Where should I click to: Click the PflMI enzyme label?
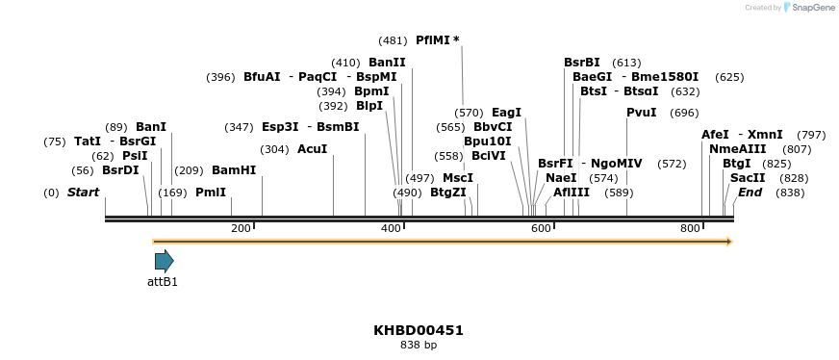(x=432, y=40)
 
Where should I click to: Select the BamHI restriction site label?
(x=234, y=170)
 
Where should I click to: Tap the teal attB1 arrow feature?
(x=164, y=260)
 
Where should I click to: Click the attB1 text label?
(x=163, y=282)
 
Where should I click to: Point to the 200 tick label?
(x=241, y=228)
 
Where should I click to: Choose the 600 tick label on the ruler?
(x=541, y=228)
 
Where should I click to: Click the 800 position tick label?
(x=690, y=228)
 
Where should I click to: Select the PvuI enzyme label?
(x=642, y=113)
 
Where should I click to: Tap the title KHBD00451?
(x=419, y=330)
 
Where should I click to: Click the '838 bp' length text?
(x=419, y=345)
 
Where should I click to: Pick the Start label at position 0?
(x=83, y=193)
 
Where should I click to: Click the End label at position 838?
(x=750, y=193)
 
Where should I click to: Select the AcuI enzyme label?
(x=312, y=149)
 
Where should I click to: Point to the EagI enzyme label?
(x=506, y=113)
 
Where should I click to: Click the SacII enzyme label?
(x=748, y=178)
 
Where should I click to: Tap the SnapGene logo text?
(x=810, y=8)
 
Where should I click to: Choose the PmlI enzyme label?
(x=211, y=193)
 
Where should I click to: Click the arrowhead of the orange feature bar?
(x=728, y=241)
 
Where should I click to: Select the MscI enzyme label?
(x=458, y=178)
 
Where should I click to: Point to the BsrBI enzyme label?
(x=582, y=63)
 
